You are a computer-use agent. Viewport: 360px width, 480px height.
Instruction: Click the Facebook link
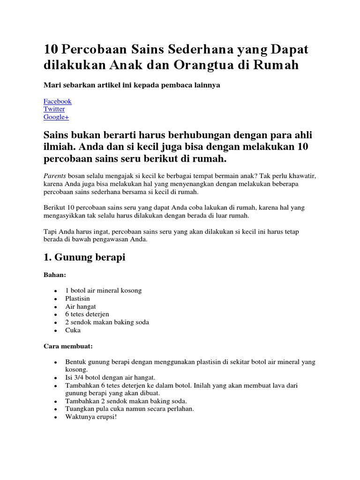(57, 101)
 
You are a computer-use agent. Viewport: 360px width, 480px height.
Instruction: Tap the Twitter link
(54, 109)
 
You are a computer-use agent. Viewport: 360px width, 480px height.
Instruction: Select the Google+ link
(56, 117)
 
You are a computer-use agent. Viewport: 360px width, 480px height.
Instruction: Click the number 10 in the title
(51, 50)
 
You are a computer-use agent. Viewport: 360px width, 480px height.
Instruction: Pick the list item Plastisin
(78, 299)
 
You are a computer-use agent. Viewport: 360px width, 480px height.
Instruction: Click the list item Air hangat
(81, 307)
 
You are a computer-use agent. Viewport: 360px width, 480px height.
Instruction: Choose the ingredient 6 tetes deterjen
(87, 315)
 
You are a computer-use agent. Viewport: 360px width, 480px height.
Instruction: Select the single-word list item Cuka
(73, 330)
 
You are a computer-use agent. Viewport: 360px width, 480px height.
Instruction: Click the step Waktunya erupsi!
(91, 416)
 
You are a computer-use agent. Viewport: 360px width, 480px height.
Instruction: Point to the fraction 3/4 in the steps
(79, 377)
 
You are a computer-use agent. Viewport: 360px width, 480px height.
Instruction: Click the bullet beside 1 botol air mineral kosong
(55, 291)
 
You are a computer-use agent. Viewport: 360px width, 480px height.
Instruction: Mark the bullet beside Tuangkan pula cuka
(55, 409)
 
